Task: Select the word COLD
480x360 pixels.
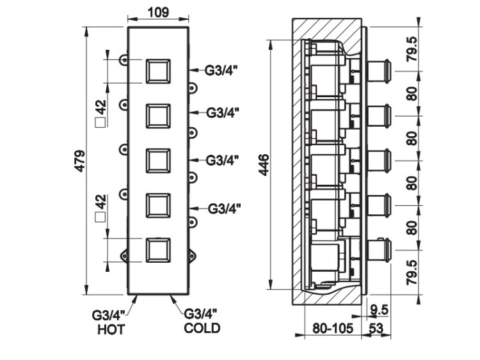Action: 202,329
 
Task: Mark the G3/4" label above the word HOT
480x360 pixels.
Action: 108,315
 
